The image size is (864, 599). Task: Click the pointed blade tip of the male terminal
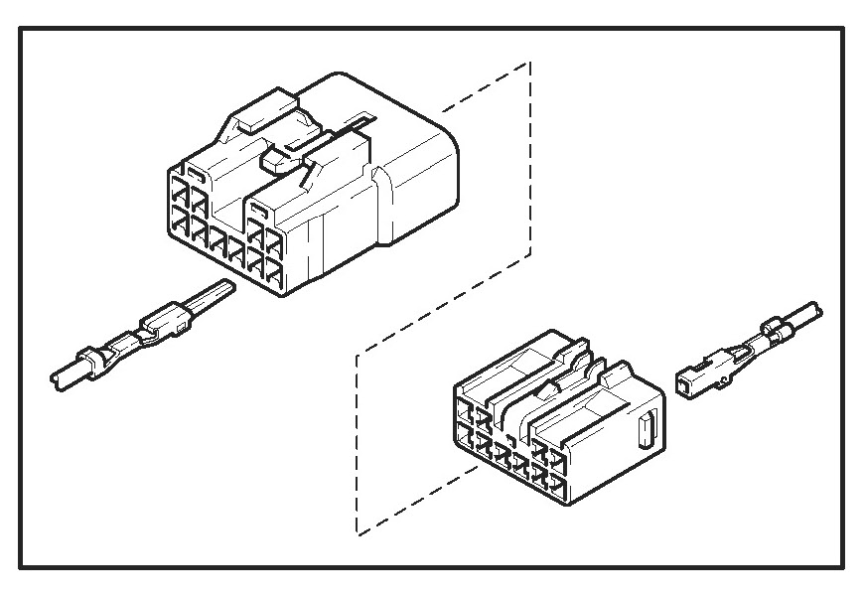point(229,288)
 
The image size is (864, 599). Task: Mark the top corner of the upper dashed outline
point(529,62)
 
